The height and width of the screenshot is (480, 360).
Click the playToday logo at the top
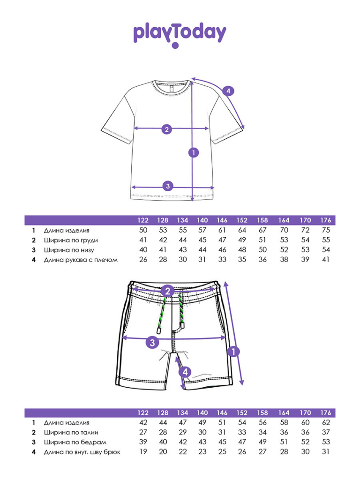180,35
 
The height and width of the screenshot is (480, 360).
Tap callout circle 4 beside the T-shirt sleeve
228,90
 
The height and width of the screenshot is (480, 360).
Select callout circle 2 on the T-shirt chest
166,129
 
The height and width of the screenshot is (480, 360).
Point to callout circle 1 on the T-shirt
194,152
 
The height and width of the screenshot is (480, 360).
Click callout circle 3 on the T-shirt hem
168,186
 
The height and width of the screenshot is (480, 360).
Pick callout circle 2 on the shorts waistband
167,291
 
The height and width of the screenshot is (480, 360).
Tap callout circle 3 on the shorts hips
152,342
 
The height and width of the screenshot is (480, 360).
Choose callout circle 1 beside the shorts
233,352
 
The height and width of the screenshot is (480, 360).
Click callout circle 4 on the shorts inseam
185,372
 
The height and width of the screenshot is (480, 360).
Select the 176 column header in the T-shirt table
326,220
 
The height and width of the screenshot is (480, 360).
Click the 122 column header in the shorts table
143,412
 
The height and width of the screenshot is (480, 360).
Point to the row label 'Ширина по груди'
71,240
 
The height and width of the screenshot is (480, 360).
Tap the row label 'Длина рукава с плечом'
81,260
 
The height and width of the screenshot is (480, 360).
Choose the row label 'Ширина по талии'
71,433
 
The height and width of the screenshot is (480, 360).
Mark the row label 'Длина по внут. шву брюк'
82,452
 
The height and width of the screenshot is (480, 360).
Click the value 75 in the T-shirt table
326,230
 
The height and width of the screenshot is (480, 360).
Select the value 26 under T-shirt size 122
143,260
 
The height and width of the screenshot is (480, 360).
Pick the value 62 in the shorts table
326,422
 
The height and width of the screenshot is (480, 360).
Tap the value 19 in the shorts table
143,452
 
